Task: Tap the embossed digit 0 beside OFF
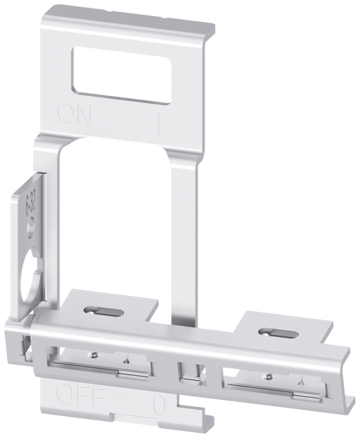point(159,405)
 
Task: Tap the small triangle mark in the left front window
point(126,359)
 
